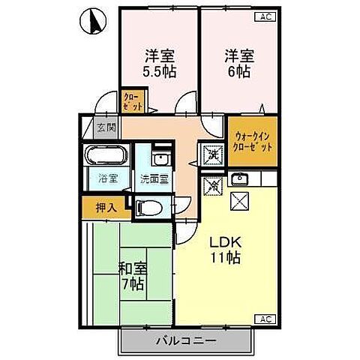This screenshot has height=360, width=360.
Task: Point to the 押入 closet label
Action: (x=105, y=206)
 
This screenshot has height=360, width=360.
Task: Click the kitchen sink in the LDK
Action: (x=239, y=178)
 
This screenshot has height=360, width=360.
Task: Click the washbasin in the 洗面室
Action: (x=158, y=158)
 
